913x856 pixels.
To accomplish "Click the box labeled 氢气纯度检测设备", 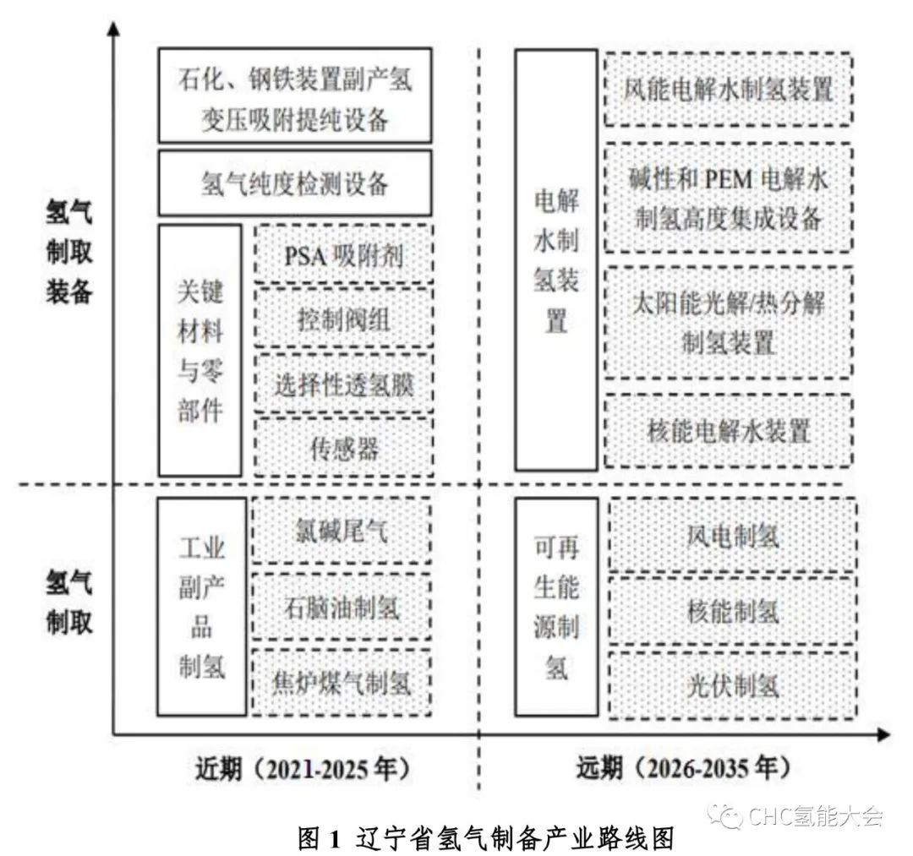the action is click(x=295, y=183).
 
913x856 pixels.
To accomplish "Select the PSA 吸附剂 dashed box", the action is click(x=343, y=254).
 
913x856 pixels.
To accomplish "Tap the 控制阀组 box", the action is click(x=343, y=318).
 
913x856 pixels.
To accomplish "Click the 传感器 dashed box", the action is click(x=343, y=447).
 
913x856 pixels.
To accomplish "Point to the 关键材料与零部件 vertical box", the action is click(x=200, y=351).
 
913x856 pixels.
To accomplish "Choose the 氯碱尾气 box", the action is click(x=342, y=531).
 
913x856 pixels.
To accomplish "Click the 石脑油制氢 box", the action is click(x=342, y=607).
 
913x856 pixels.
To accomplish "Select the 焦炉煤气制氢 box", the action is click(x=342, y=682).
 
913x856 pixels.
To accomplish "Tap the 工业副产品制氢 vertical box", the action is click(x=201, y=607).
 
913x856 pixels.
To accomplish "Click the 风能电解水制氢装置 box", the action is click(x=729, y=89).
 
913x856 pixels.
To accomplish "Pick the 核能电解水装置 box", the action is click(x=729, y=431).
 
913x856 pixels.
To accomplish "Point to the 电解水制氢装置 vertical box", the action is click(x=556, y=259).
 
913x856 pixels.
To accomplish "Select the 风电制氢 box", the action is click(x=732, y=535).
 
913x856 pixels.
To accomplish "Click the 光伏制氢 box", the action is click(x=732, y=685).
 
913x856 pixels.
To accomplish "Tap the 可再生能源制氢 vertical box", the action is click(x=556, y=607).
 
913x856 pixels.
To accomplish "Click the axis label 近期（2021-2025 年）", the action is click(x=303, y=769).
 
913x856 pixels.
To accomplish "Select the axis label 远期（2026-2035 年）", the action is click(x=684, y=768).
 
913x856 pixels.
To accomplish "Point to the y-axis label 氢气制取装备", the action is click(x=69, y=252).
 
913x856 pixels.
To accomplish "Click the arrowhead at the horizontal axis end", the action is click(x=884, y=735).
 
